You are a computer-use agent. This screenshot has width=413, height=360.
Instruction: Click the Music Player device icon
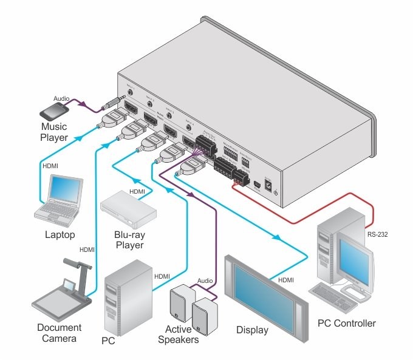point(56,110)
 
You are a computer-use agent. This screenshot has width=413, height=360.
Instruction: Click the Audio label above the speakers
point(205,280)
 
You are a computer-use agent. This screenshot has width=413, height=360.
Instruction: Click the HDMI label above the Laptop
point(50,165)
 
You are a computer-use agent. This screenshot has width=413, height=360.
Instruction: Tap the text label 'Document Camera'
point(59,333)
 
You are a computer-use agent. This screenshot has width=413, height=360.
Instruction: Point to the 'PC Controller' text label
point(347,323)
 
